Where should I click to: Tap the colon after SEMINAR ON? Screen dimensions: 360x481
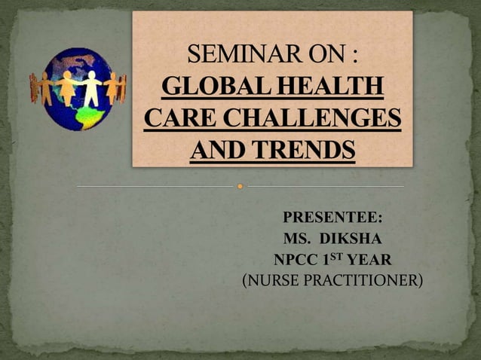click(354, 56)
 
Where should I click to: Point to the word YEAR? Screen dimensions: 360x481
click(369, 261)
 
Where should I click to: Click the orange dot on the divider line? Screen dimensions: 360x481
click(240, 185)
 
